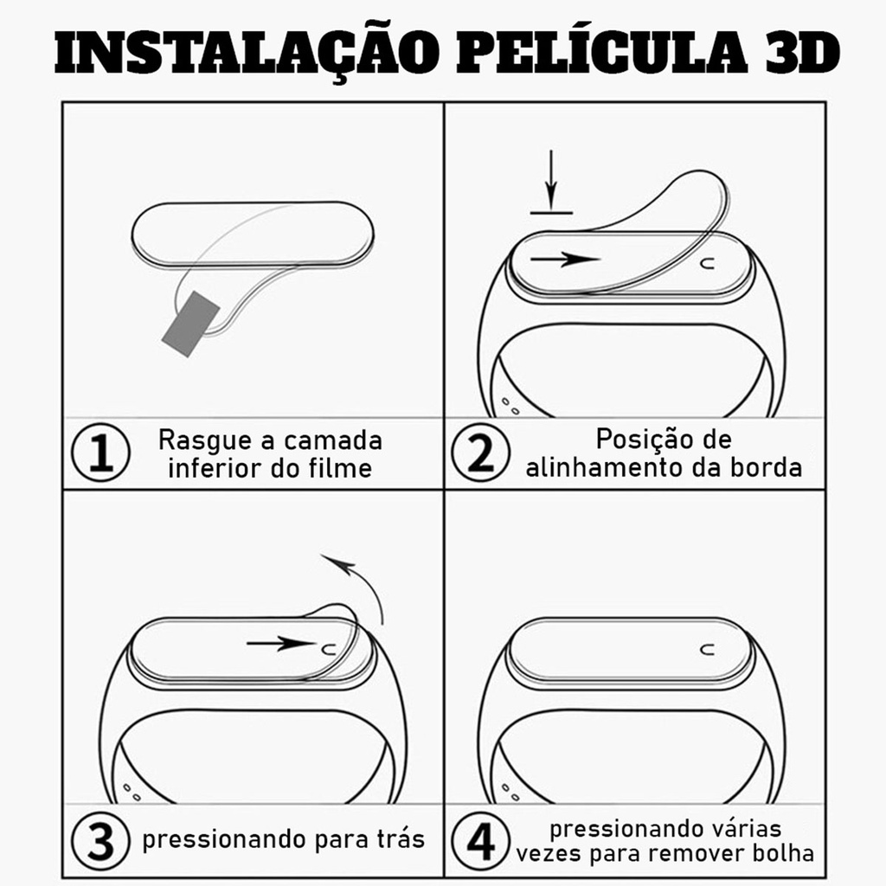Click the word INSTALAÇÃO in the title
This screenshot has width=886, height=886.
(x=247, y=53)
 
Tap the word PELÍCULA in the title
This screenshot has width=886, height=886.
(x=602, y=51)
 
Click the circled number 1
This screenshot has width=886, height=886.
(x=100, y=452)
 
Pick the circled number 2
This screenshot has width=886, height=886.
(x=481, y=452)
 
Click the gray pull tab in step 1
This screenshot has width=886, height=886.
(x=190, y=324)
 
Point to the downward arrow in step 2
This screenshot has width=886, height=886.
(x=551, y=181)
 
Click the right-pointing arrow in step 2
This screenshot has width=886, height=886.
(x=564, y=260)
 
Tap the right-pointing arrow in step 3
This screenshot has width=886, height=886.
(x=281, y=644)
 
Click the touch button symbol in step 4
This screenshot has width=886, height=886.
(x=707, y=649)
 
